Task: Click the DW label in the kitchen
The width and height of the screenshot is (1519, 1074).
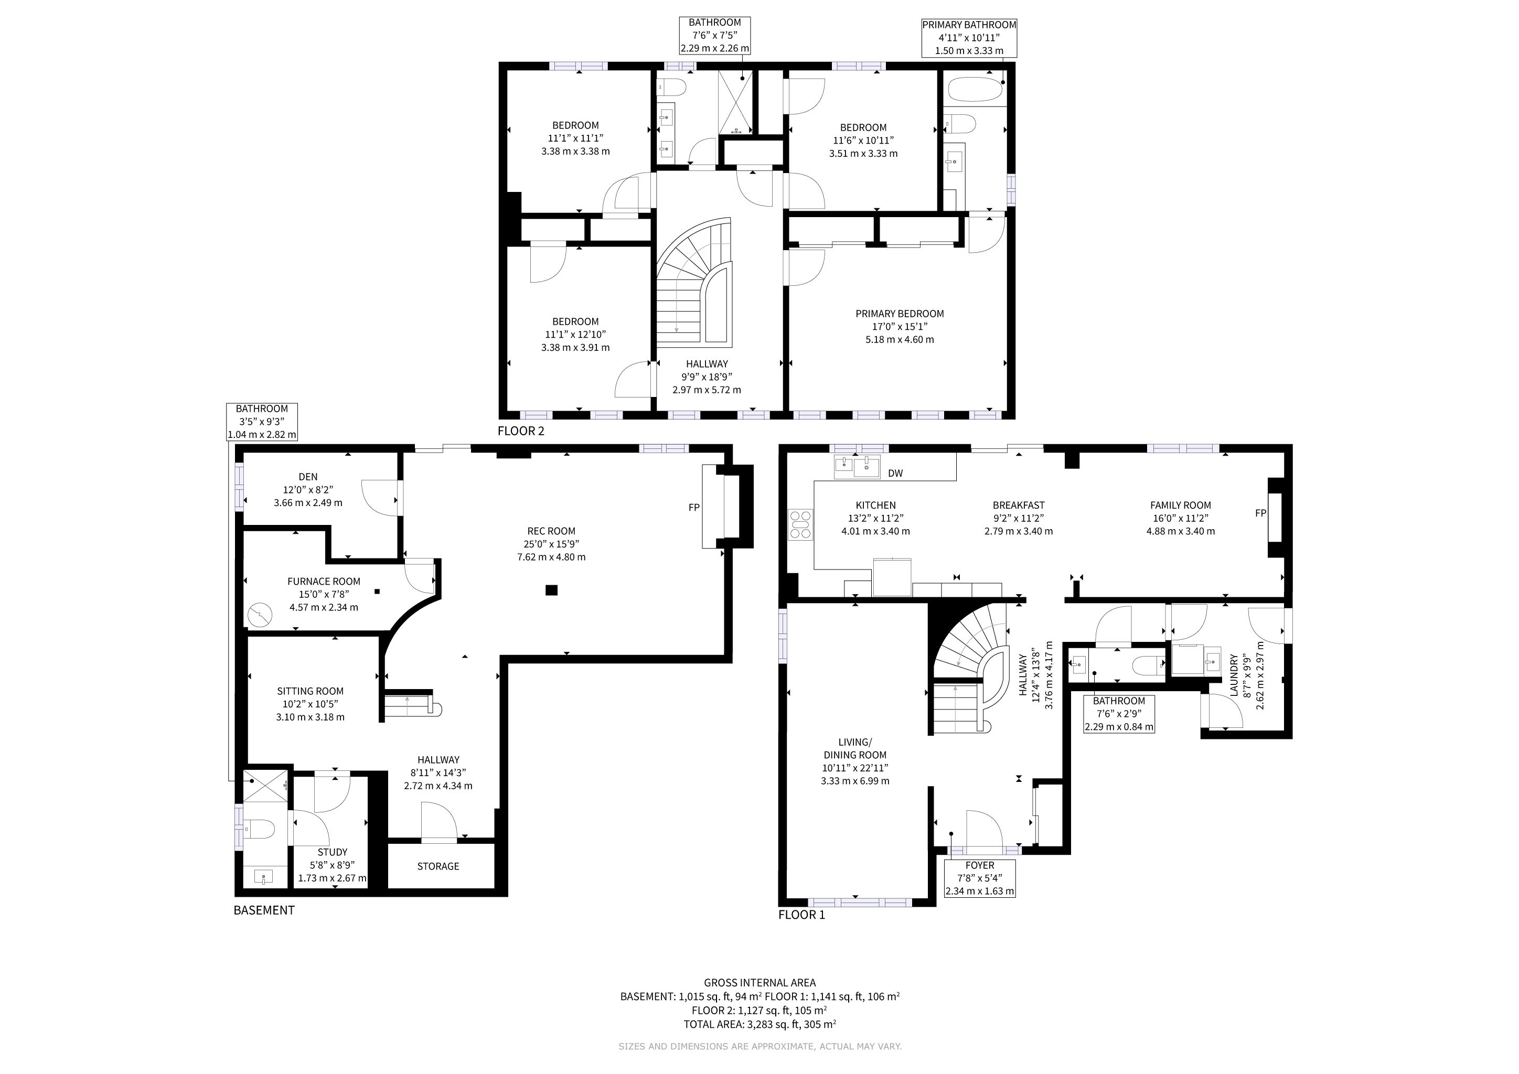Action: click(x=895, y=473)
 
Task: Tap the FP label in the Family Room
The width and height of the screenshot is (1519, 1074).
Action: click(x=1260, y=513)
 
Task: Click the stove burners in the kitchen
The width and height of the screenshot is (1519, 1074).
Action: click(x=800, y=524)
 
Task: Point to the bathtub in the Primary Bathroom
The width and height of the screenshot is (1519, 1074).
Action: click(x=976, y=89)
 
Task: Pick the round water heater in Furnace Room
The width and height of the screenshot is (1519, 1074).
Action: click(x=260, y=615)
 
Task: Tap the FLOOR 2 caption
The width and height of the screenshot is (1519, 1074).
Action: click(x=521, y=431)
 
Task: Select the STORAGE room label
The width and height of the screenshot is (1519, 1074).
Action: click(x=438, y=866)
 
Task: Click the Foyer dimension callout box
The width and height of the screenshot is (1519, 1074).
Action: click(x=980, y=878)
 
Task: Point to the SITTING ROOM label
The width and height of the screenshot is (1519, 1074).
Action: click(x=311, y=691)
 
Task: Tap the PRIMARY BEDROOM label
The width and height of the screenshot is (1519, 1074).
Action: click(x=900, y=314)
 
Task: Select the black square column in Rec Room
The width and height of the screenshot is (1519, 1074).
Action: click(x=551, y=590)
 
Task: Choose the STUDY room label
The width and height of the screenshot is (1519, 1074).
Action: click(x=332, y=853)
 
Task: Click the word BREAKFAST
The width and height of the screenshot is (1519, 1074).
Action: click(x=1019, y=505)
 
